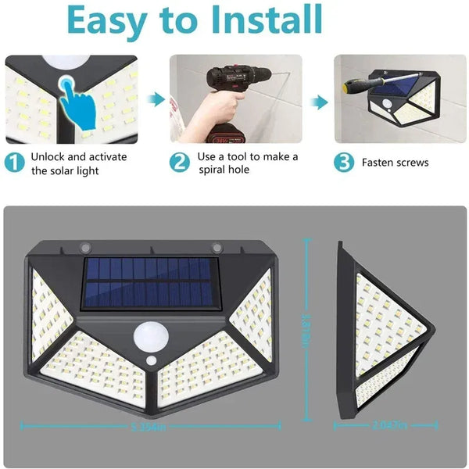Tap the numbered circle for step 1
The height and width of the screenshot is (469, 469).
pos(15,163)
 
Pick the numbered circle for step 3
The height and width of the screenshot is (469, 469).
pos(344,163)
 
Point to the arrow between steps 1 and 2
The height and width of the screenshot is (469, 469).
pos(157,100)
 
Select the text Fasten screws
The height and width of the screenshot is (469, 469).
pos(395,163)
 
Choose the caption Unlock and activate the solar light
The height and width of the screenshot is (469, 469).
pos(78,163)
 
